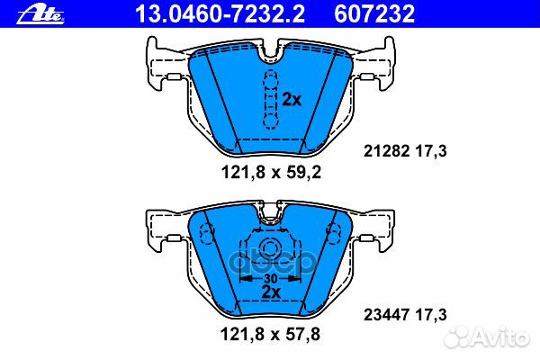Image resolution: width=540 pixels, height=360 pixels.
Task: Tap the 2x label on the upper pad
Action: tap(291, 100)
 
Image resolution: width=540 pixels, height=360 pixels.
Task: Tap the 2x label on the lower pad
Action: tap(270, 292)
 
